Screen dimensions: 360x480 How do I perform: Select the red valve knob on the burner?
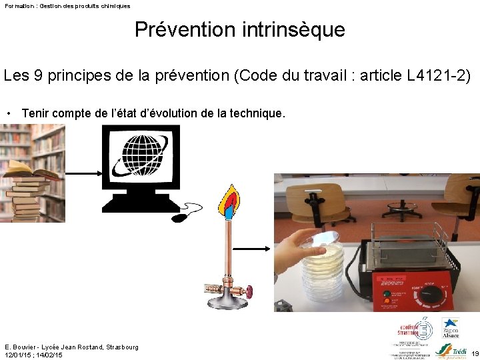point(248,292)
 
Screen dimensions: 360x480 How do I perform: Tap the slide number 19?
point(475,353)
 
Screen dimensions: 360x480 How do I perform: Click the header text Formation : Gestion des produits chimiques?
point(67,5)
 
